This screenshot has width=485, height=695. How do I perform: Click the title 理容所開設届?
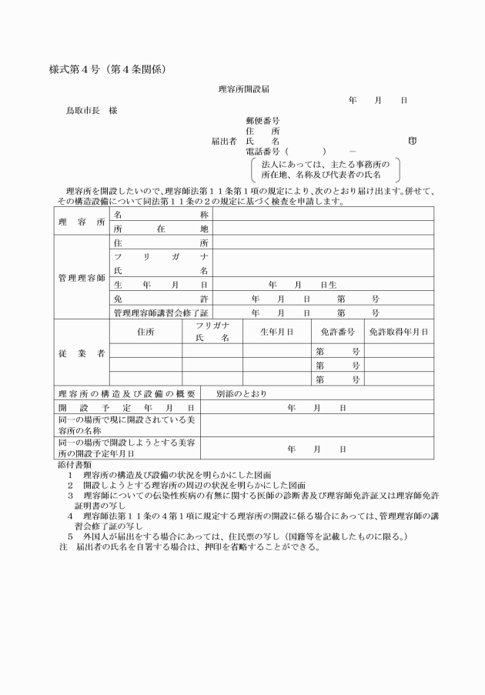tap(244, 89)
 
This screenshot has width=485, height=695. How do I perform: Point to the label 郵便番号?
tap(262, 121)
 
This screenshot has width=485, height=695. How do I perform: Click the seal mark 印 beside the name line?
tap(413, 142)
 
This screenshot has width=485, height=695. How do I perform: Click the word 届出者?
tap(223, 142)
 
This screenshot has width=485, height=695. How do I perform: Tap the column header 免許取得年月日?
tap(398, 332)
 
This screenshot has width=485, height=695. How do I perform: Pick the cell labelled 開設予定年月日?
tap(127, 407)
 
